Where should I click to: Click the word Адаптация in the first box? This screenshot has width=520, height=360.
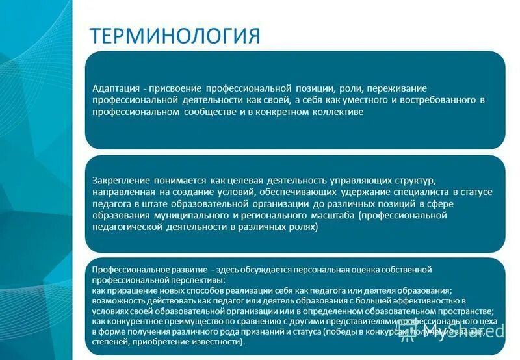point(115,87)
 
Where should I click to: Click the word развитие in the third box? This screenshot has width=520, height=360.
point(185,269)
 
